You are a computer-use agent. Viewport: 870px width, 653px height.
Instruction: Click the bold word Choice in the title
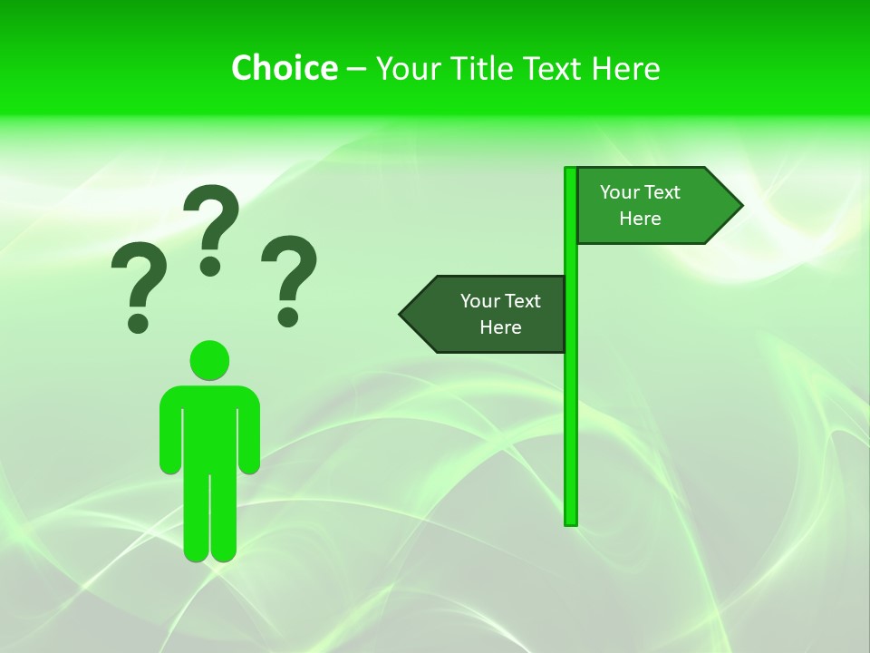pos(284,68)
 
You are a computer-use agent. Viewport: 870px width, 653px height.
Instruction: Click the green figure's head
pos(209,360)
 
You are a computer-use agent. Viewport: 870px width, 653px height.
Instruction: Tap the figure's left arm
pos(170,435)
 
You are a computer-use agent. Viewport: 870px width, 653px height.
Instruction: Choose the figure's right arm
pos(249,435)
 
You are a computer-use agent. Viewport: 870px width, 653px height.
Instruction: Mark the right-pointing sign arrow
pos(652,205)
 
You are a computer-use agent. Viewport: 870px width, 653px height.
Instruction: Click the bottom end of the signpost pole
pos(571,521)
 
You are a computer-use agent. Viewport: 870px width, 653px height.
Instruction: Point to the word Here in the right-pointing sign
pos(640,219)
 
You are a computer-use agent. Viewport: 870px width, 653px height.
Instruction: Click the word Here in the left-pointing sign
pos(500,327)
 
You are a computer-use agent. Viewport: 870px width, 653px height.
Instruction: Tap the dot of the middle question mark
pos(210,266)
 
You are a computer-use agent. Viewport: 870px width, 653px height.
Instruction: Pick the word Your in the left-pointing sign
pos(480,301)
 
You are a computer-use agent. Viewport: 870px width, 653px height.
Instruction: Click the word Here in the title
pos(625,68)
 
